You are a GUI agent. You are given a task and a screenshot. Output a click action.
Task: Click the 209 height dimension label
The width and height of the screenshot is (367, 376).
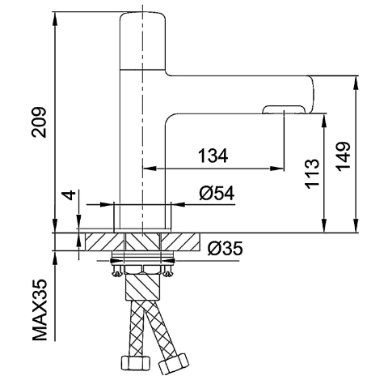click(x=40, y=122)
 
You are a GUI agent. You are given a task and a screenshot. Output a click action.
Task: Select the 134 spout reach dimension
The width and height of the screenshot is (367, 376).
click(x=213, y=156)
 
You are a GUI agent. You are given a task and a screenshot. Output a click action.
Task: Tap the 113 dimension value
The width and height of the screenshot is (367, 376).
click(x=312, y=173)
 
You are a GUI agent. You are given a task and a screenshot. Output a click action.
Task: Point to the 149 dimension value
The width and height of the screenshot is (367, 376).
click(x=344, y=156)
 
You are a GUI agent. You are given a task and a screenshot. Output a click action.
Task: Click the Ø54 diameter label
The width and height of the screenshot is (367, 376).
click(x=217, y=193)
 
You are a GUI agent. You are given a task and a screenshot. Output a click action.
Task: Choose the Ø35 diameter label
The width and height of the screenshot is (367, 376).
click(x=226, y=248)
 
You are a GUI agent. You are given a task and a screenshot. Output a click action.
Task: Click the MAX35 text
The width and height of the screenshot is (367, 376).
click(x=40, y=310)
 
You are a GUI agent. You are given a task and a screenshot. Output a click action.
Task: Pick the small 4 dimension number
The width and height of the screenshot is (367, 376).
click(x=70, y=195)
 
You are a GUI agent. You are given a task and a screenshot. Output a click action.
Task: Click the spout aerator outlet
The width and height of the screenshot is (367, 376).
click(x=284, y=110)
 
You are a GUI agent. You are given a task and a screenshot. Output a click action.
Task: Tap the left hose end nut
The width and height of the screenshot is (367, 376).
click(x=135, y=364)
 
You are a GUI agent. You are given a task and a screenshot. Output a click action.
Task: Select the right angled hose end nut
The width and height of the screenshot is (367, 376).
click(x=174, y=364)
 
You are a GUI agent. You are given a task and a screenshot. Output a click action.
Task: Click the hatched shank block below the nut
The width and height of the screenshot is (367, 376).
click(x=143, y=287)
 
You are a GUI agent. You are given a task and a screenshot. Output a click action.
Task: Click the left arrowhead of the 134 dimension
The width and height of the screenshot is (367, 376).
click(x=150, y=169)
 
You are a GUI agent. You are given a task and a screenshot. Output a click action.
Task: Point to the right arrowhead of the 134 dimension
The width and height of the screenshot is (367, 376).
click(x=276, y=169)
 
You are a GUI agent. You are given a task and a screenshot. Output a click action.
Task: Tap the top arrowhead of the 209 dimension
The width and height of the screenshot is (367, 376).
click(x=55, y=19)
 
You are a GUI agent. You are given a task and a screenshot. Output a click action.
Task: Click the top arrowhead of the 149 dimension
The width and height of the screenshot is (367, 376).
click(x=356, y=83)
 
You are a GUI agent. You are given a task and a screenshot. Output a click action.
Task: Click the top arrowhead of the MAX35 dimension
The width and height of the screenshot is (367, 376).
click(x=55, y=258)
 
